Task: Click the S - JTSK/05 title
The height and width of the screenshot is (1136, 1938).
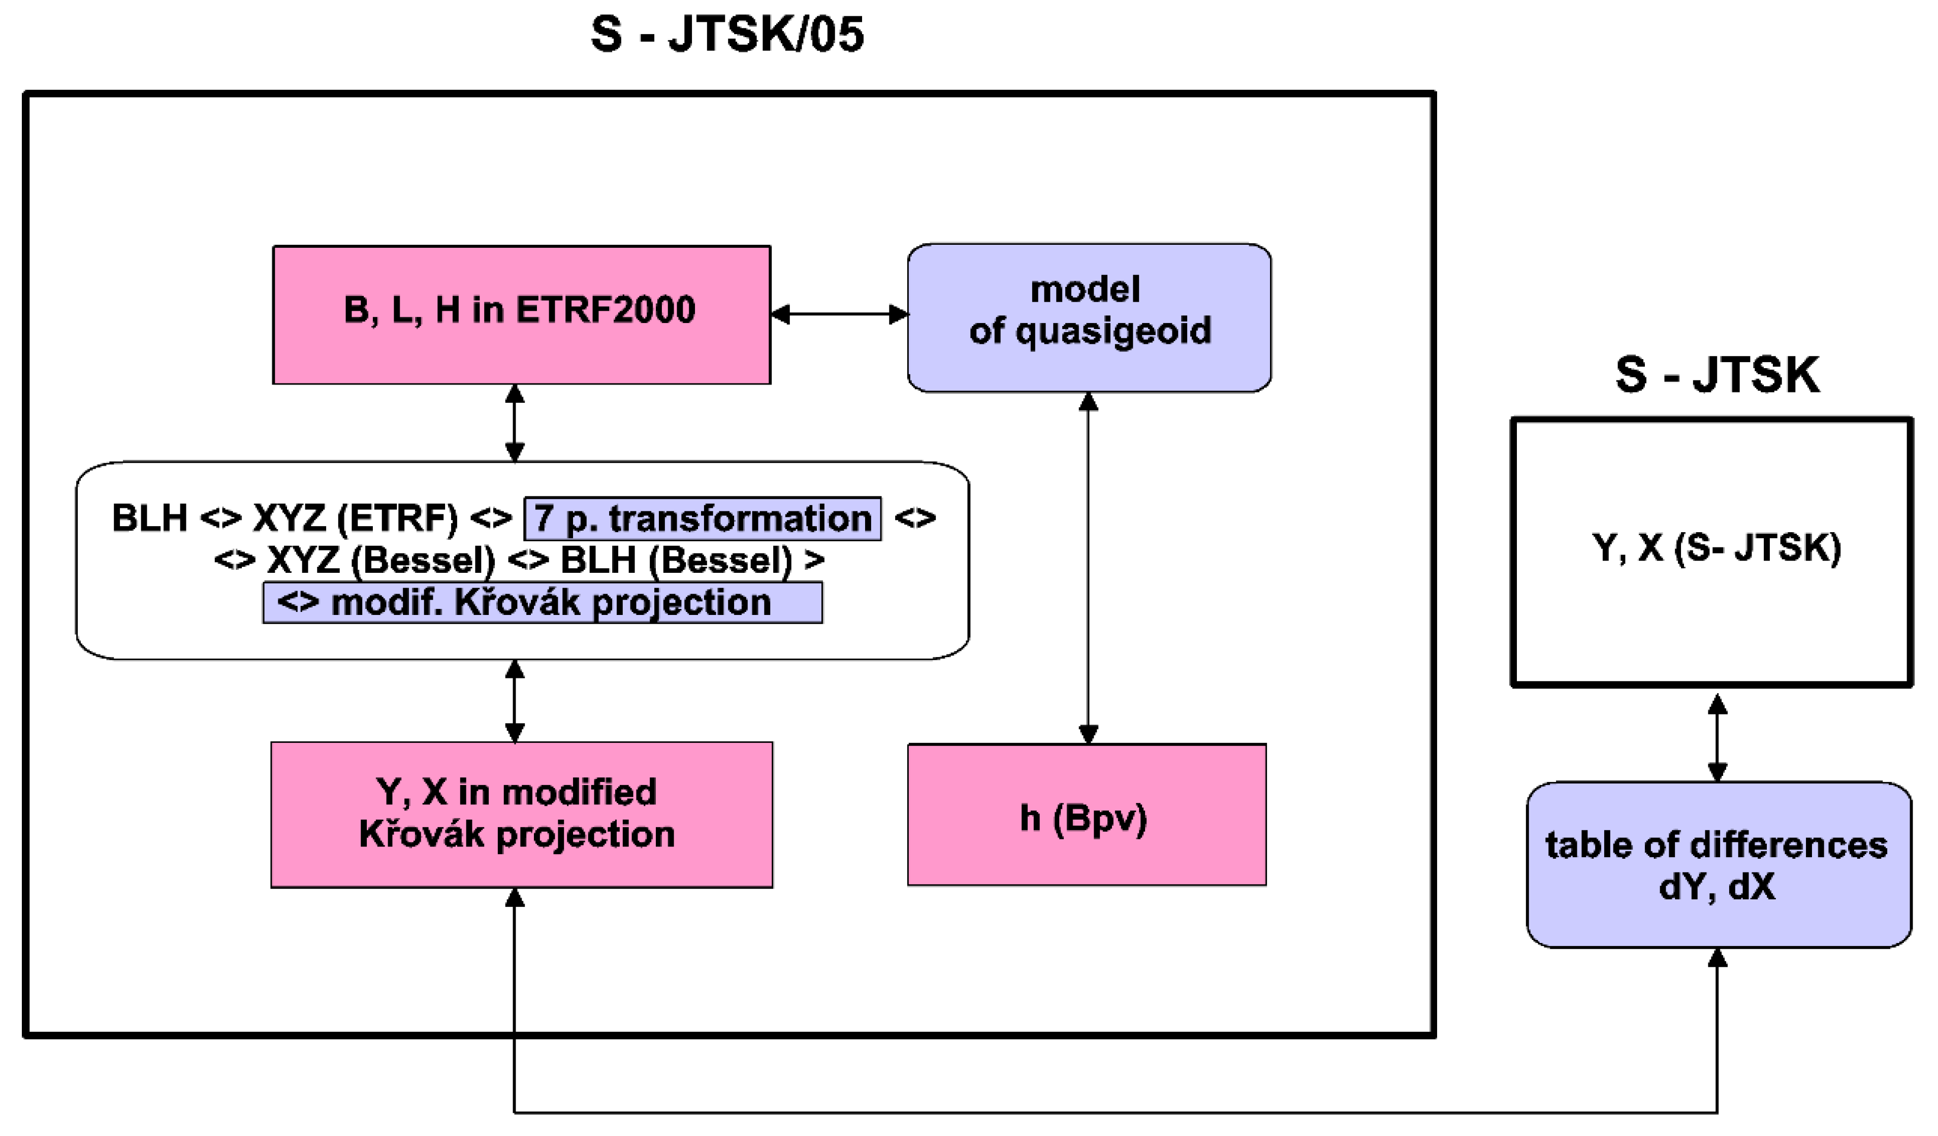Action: (x=727, y=35)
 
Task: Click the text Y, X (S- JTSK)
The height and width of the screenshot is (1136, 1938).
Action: (x=1717, y=548)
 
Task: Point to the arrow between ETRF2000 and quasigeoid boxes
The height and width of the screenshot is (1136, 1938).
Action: (x=839, y=314)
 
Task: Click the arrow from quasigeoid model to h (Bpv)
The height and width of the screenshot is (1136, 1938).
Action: (x=1088, y=569)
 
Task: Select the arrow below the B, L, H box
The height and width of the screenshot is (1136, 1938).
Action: (x=515, y=423)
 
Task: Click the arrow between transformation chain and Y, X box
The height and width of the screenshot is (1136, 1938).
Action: (x=515, y=700)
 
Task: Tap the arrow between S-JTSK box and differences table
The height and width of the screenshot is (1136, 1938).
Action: (x=1718, y=738)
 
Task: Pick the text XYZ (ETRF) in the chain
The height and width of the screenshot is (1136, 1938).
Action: (x=355, y=518)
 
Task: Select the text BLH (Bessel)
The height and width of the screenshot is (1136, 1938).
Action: (x=675, y=560)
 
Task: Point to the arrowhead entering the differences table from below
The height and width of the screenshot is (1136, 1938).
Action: (x=1718, y=958)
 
